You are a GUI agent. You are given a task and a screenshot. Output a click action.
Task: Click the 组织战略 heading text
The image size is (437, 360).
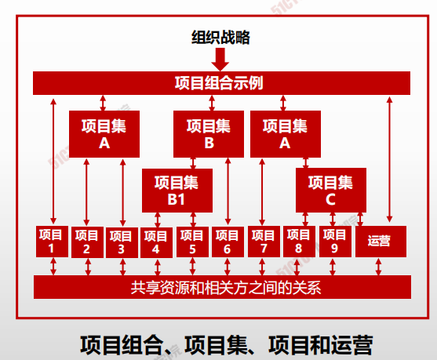pos(220,38)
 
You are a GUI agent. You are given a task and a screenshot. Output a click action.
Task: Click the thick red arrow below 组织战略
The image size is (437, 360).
pos(220,59)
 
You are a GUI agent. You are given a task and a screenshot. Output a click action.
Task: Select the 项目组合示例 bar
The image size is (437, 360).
pos(221,83)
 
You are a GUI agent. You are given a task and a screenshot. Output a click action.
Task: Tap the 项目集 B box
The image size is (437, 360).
pos(209,134)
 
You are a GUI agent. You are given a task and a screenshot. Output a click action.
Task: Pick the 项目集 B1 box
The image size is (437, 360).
pos(177,191)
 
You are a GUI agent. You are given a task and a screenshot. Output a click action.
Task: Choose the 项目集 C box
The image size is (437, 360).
pos(331,190)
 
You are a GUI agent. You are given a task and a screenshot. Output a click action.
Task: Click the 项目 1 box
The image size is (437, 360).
pos(52,242)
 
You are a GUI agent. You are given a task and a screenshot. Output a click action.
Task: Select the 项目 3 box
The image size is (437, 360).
pos(122,242)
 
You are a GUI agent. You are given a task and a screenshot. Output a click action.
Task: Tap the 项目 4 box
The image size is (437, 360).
pos(156,242)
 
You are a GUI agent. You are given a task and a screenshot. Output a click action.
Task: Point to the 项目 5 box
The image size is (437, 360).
pos(192,242)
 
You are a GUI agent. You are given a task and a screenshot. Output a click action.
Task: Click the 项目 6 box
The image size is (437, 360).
pos(228,242)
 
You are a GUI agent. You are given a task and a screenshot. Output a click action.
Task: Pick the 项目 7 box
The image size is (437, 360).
pos(264,242)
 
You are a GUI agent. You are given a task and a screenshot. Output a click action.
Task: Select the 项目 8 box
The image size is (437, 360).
pos(300,242)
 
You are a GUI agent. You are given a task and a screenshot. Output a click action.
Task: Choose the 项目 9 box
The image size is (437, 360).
pos(335,242)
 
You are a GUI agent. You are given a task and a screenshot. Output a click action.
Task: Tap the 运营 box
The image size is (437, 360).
pos(381,242)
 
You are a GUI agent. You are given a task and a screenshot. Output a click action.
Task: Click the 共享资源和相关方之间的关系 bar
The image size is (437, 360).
pos(222,287)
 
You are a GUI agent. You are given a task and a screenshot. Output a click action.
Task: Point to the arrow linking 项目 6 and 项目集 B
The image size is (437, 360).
pos(228,191)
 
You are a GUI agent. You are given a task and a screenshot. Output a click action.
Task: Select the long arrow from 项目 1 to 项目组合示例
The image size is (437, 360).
pos(53,161)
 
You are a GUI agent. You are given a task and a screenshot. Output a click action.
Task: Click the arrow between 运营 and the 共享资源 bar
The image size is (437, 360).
pos(378,267)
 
